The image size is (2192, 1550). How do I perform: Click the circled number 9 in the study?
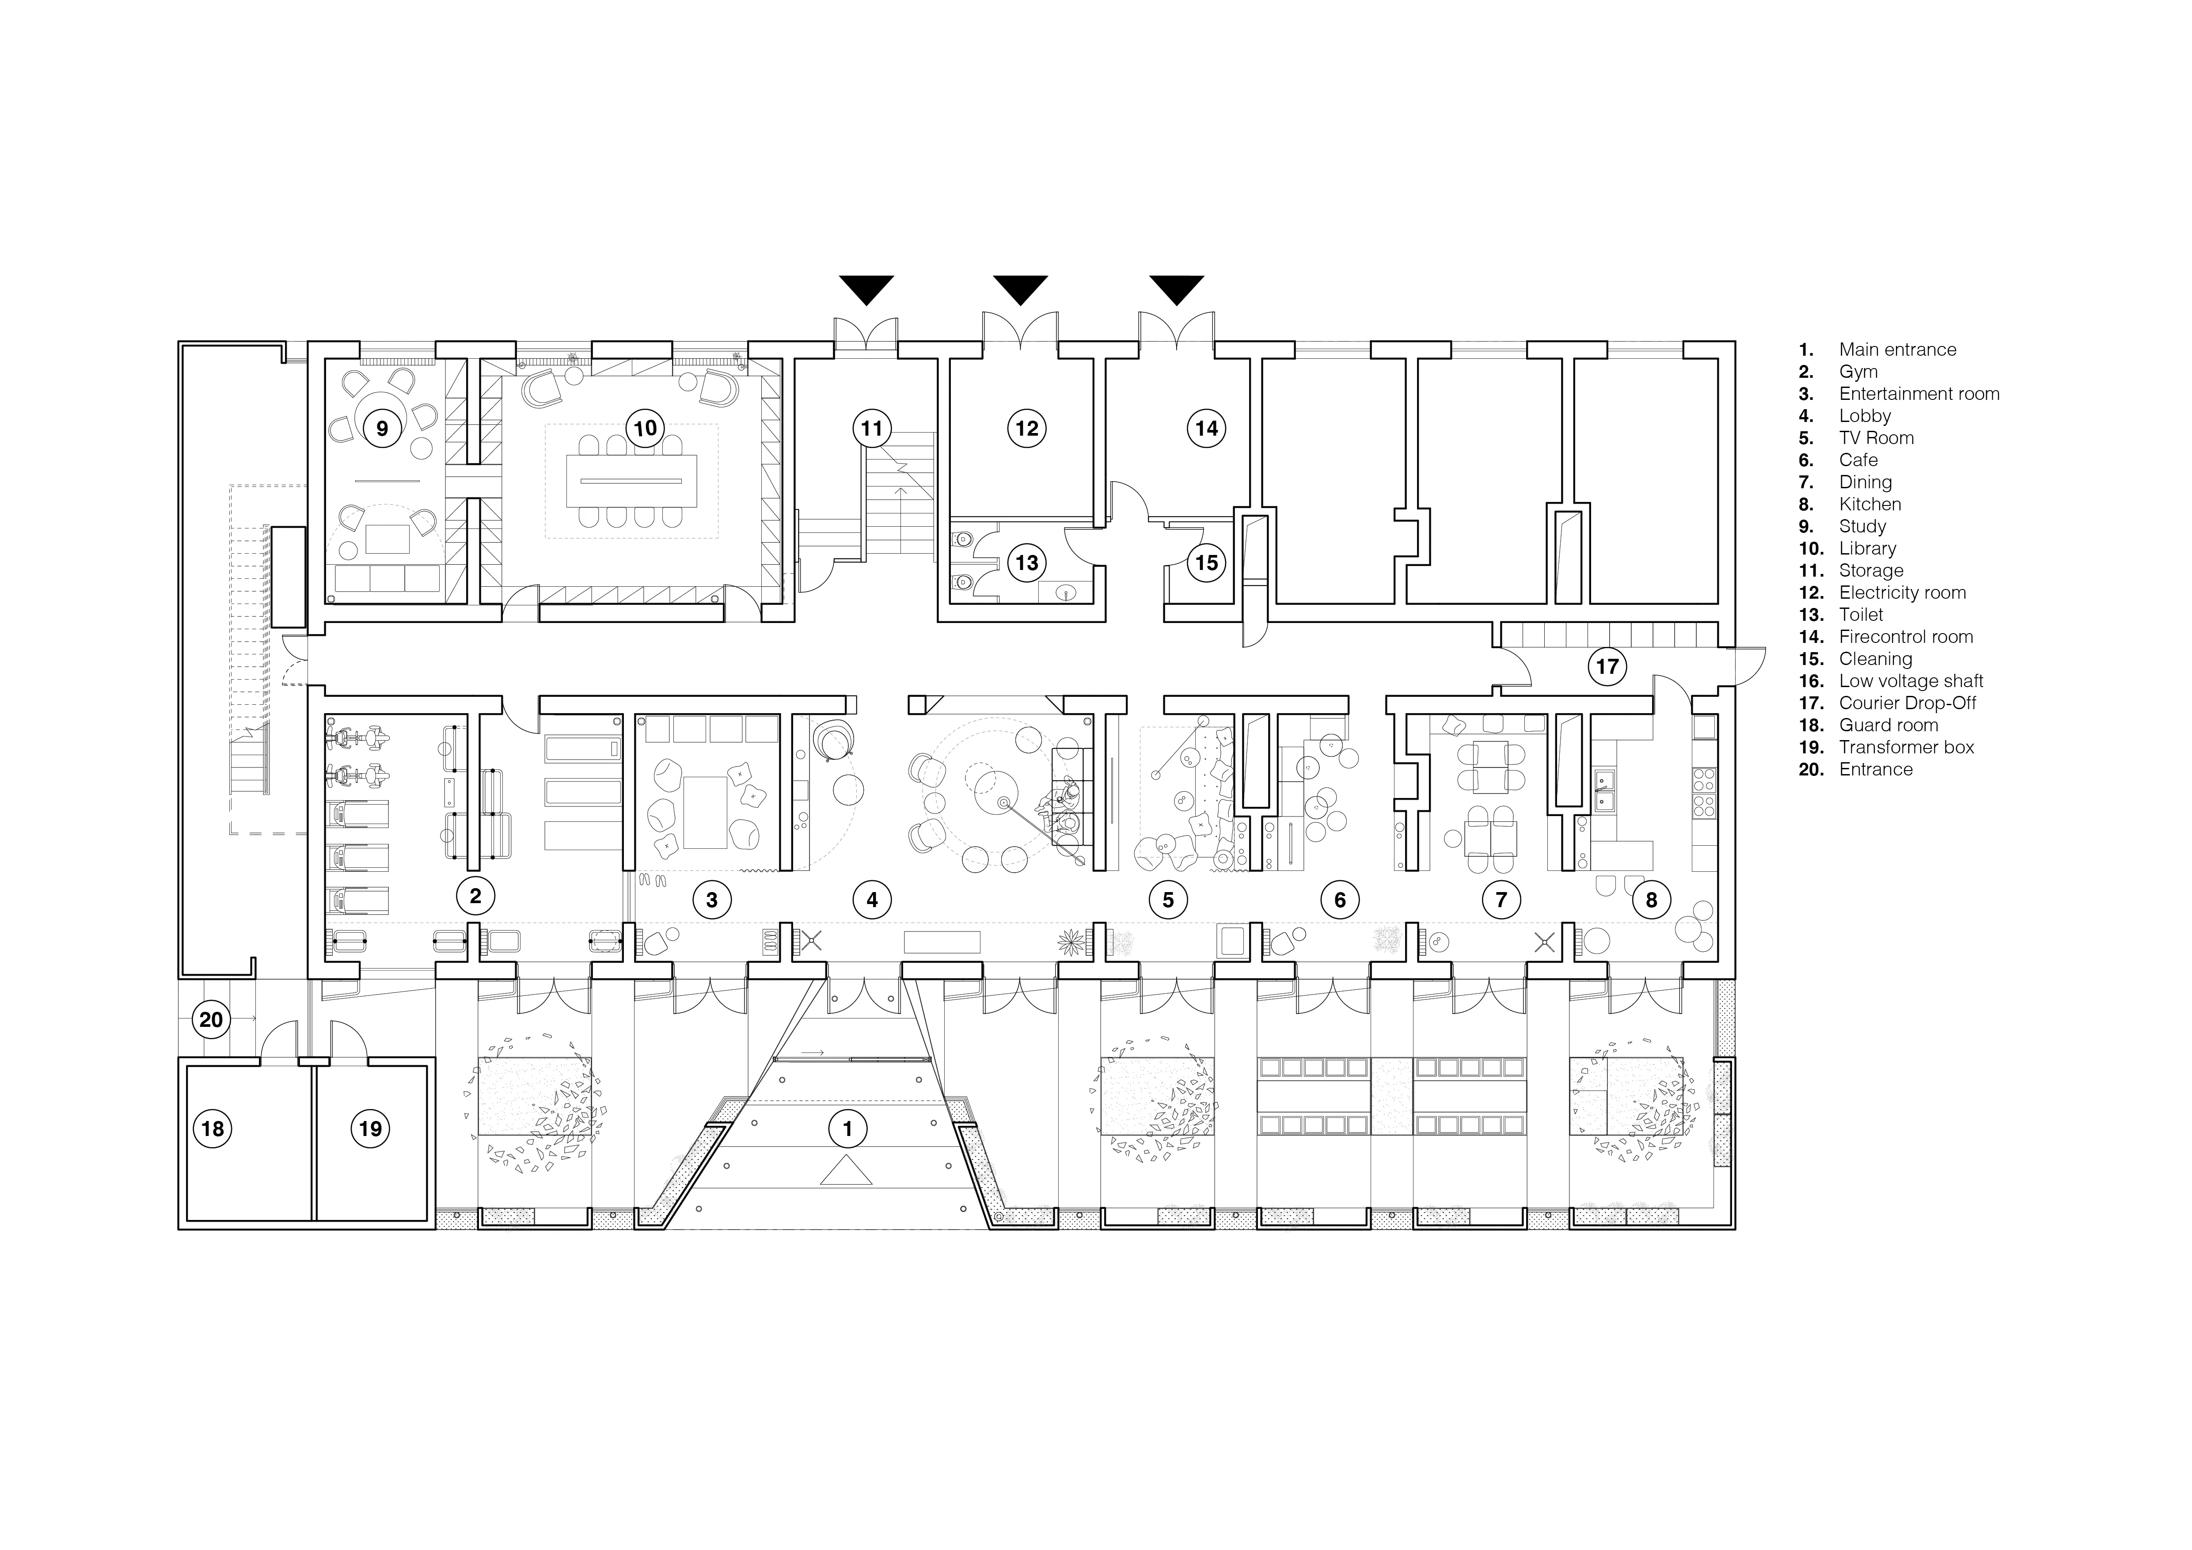(382, 429)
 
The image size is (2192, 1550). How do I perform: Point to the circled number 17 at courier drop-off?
(1607, 666)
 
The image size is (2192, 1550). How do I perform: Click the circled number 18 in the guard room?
(212, 1129)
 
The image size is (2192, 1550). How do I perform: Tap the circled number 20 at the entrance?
(211, 1019)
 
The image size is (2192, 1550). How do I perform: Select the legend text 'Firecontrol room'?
(1906, 637)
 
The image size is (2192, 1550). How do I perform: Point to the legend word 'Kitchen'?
(1869, 504)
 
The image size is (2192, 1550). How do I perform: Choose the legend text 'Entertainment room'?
(1919, 393)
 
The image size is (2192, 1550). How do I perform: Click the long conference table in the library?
(631, 482)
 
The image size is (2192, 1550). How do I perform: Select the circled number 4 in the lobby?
(872, 899)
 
